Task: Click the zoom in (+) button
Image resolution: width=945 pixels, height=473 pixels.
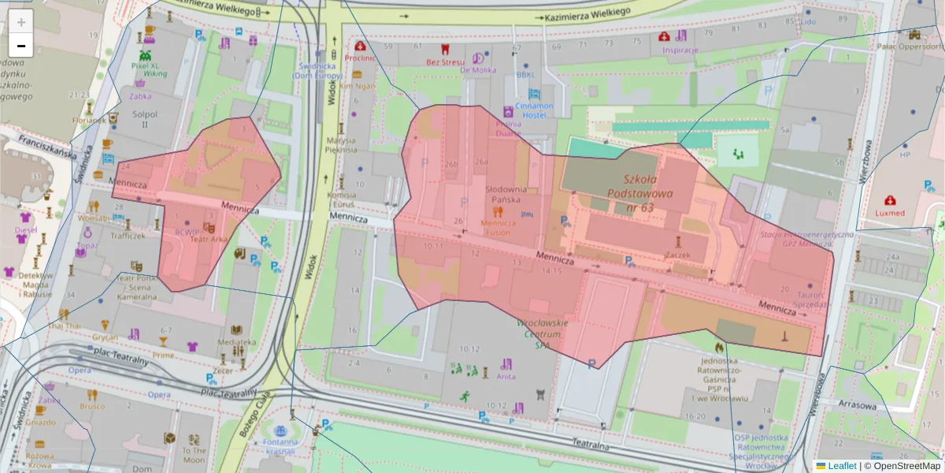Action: [21, 22]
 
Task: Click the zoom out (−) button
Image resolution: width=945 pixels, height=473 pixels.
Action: [21, 45]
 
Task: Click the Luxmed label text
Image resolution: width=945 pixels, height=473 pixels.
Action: [890, 213]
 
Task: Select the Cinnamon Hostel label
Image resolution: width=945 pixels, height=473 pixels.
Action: [535, 110]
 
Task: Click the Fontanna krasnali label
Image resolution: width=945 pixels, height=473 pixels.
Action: [280, 447]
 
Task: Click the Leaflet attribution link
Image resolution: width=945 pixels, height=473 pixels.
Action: [842, 466]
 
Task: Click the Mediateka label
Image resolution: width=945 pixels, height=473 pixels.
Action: [237, 342]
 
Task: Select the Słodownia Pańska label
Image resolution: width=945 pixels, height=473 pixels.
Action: [506, 195]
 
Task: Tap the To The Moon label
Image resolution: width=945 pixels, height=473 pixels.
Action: [194, 455]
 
